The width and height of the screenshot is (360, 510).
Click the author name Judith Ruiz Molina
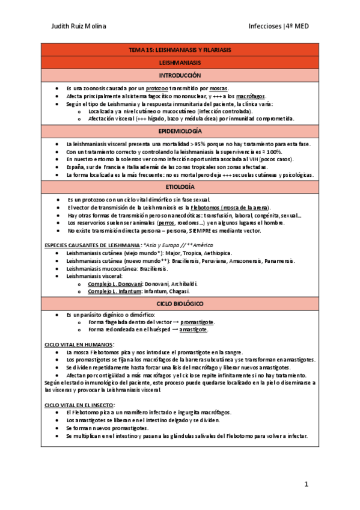pos(79,26)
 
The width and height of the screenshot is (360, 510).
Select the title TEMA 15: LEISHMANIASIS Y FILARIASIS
pos(180,50)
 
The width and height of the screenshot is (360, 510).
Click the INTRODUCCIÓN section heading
pos(180,76)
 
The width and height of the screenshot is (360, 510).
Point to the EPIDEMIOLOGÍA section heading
pos(180,131)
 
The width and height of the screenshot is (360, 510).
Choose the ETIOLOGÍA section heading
pos(180,188)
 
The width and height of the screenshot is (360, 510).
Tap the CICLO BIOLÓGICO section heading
pos(180,304)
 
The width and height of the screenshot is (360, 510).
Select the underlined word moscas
pos(219,88)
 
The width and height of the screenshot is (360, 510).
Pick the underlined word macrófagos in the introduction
pos(250,96)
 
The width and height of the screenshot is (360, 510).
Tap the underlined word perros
pos(166,223)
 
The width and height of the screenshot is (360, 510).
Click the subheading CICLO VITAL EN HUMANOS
pos(78,344)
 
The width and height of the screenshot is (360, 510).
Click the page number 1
pos(306,484)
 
